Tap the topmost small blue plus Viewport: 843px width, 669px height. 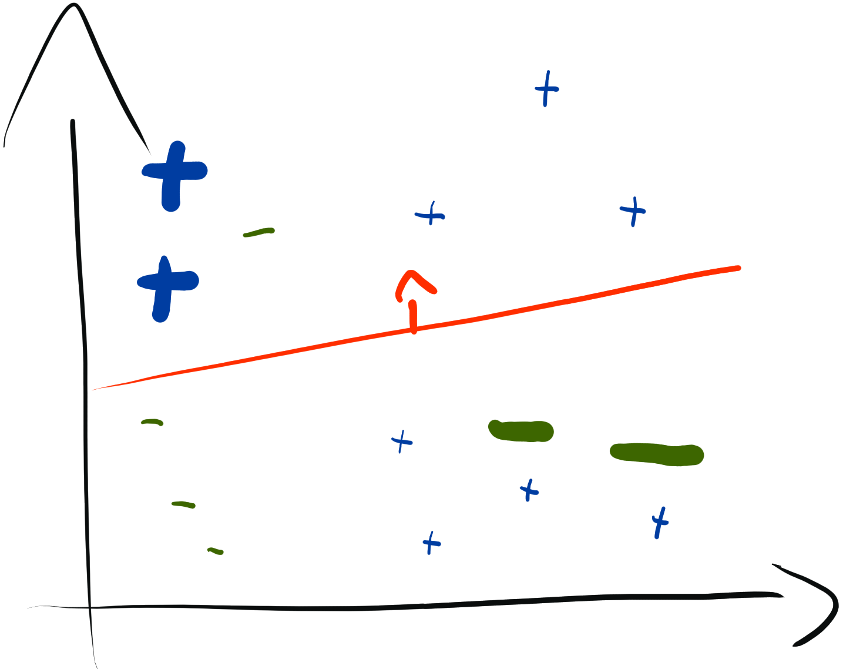point(546,89)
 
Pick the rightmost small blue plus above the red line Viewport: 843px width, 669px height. point(633,210)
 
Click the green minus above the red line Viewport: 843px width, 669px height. point(258,232)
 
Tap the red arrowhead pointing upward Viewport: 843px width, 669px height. point(414,277)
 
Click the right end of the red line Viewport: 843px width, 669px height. point(738,268)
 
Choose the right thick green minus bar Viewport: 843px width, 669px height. point(656,454)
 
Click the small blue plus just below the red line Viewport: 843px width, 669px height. point(402,441)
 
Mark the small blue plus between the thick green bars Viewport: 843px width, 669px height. point(529,490)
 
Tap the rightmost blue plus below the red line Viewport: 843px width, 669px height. point(660,521)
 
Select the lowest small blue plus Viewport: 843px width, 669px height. point(431,543)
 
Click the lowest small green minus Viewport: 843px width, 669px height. point(215,551)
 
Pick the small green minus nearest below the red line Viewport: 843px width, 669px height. point(152,422)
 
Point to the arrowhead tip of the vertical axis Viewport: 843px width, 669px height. point(73,6)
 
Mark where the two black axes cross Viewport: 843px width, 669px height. point(89,607)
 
